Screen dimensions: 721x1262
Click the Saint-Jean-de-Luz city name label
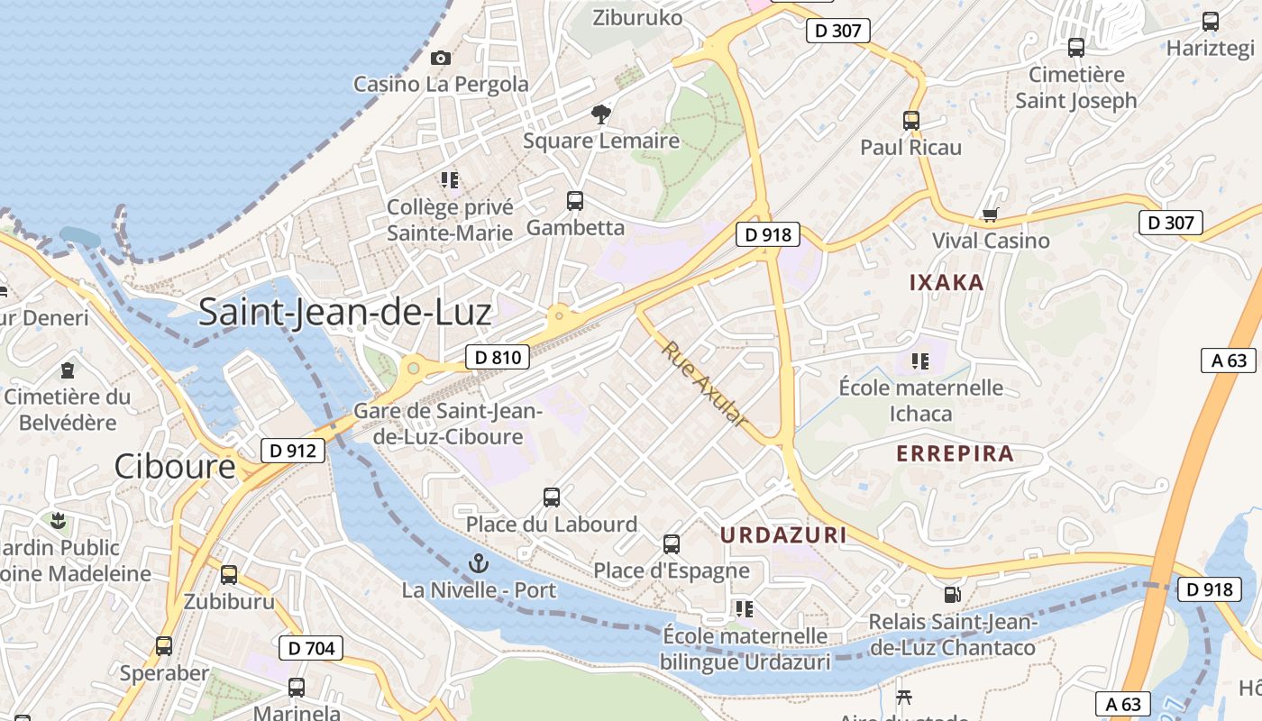click(344, 312)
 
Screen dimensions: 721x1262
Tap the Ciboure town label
click(175, 466)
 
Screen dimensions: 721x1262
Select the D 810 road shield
click(498, 357)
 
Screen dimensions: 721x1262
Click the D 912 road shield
click(293, 450)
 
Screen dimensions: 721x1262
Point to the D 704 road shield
click(311, 647)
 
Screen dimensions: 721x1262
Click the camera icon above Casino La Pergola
click(441, 59)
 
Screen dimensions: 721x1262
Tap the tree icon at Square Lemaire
click(601, 114)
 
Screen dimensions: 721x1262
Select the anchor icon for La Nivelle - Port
click(479, 564)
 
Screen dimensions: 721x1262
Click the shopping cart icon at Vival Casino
click(991, 214)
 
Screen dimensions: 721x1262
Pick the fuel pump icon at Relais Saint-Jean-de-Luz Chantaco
click(952, 595)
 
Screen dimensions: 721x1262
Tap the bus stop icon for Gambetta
click(575, 201)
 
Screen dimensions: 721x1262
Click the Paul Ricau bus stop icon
click(911, 121)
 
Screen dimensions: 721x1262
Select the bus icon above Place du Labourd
click(552, 497)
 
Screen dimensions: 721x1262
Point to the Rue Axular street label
click(704, 384)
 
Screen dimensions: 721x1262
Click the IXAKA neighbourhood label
click(946, 283)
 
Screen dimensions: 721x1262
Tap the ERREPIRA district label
click(956, 453)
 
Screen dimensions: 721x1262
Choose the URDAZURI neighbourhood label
click(783, 534)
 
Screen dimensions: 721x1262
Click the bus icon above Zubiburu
click(229, 575)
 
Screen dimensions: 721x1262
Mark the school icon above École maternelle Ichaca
click(920, 361)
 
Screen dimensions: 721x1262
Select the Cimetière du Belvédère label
click(68, 408)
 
